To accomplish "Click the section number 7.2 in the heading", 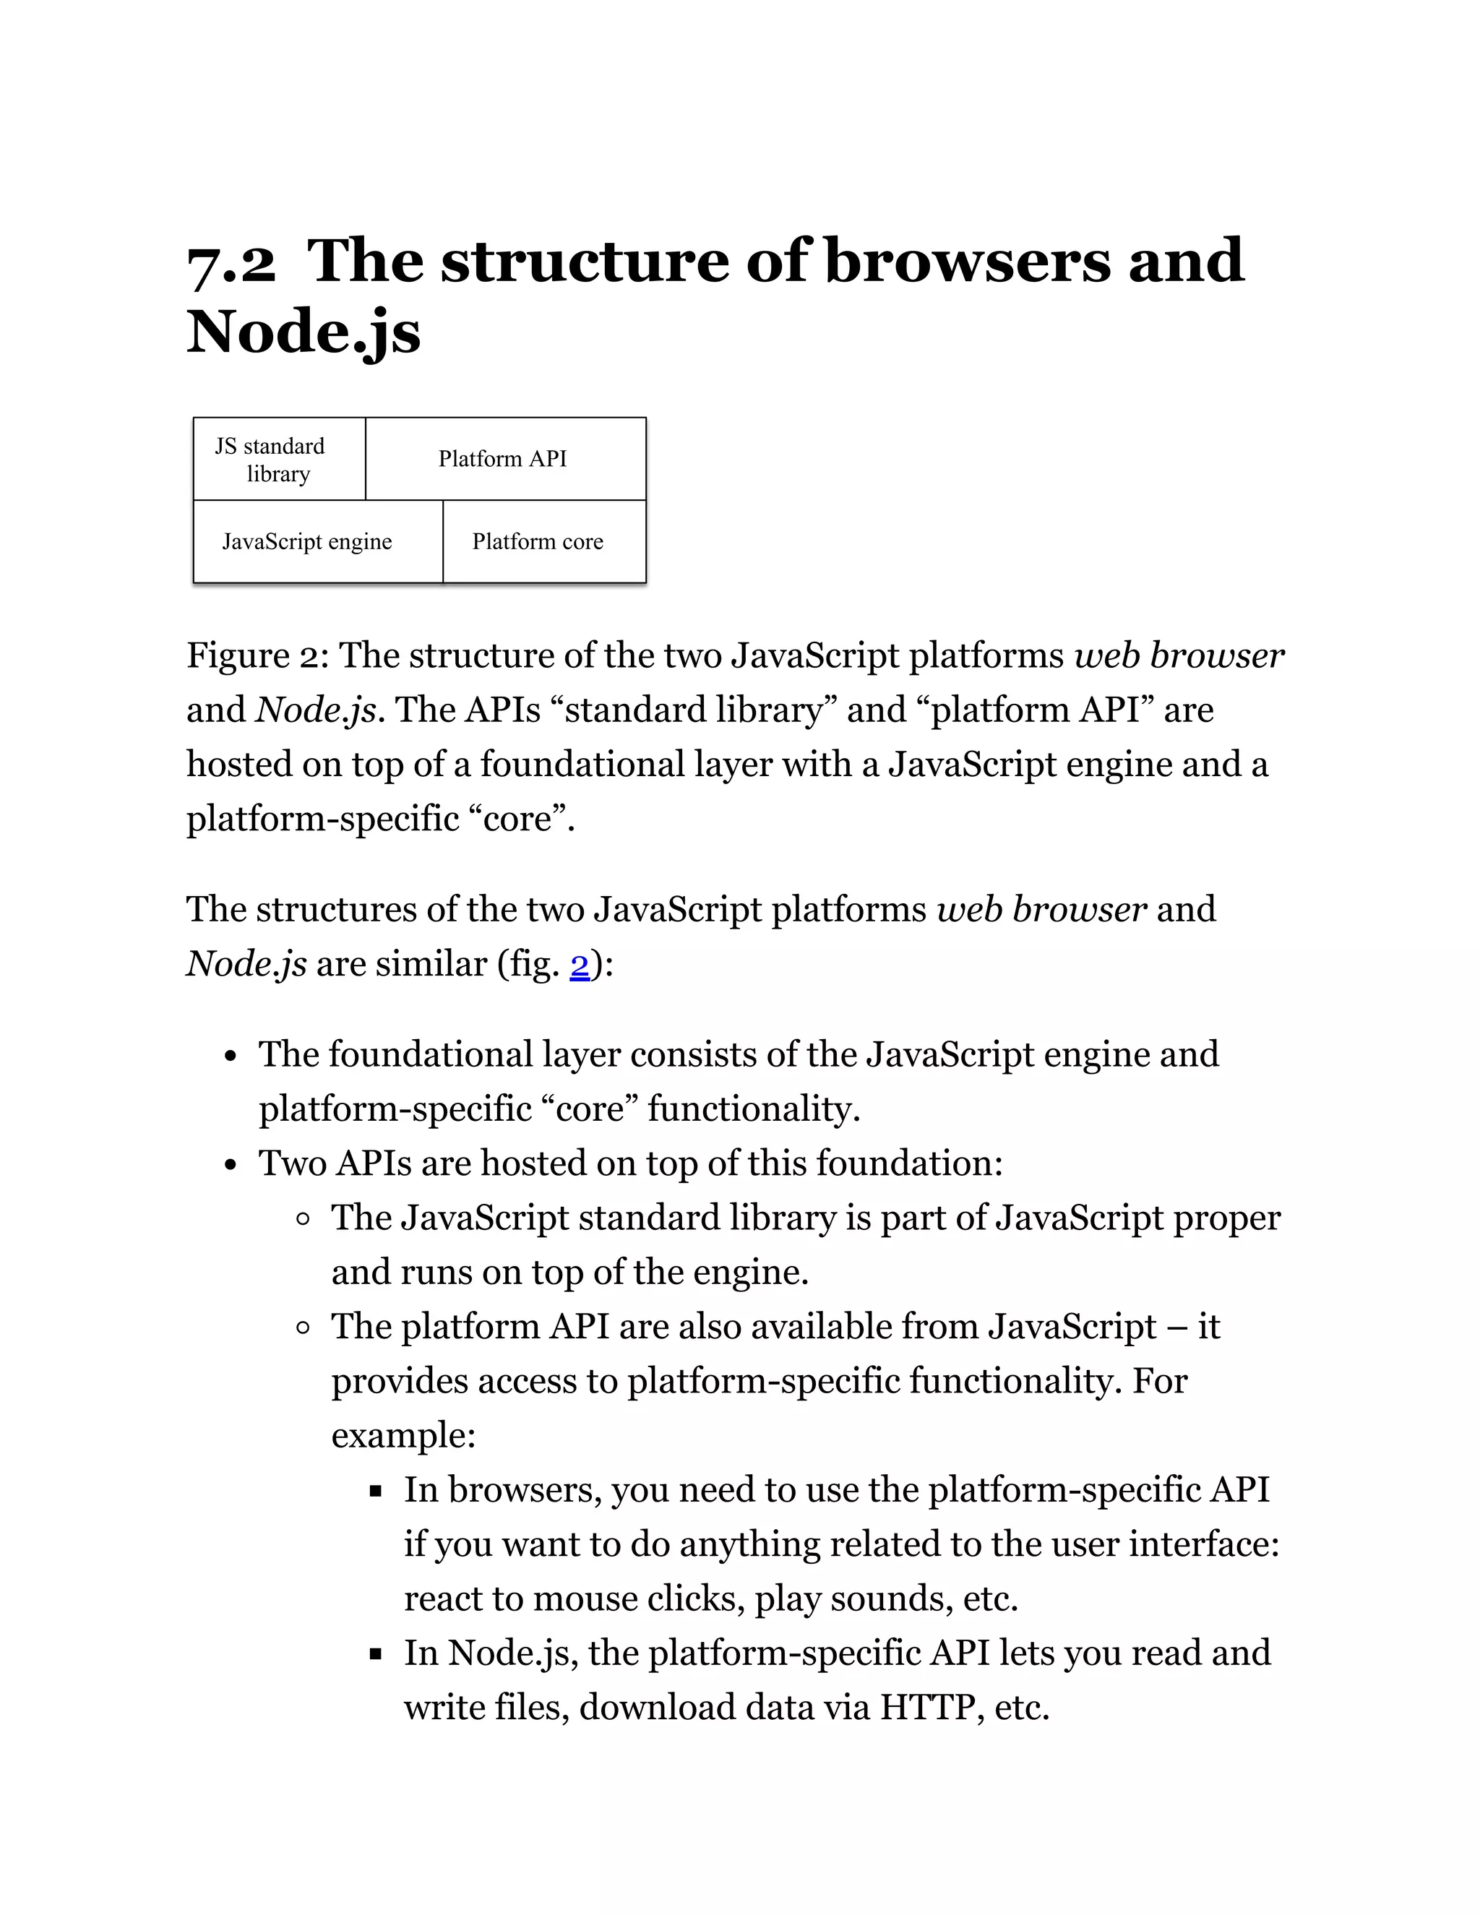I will point(231,262).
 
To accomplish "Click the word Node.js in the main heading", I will point(304,333).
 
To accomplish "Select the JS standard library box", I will point(279,460).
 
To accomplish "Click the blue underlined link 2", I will point(580,965).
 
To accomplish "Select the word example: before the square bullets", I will point(403,1435).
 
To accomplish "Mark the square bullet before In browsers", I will point(376,1491).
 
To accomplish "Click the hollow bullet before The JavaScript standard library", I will point(304,1219).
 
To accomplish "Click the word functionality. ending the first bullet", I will point(754,1109).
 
